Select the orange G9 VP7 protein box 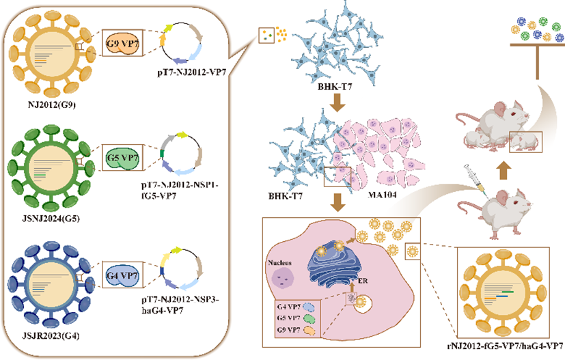pos(124,45)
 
